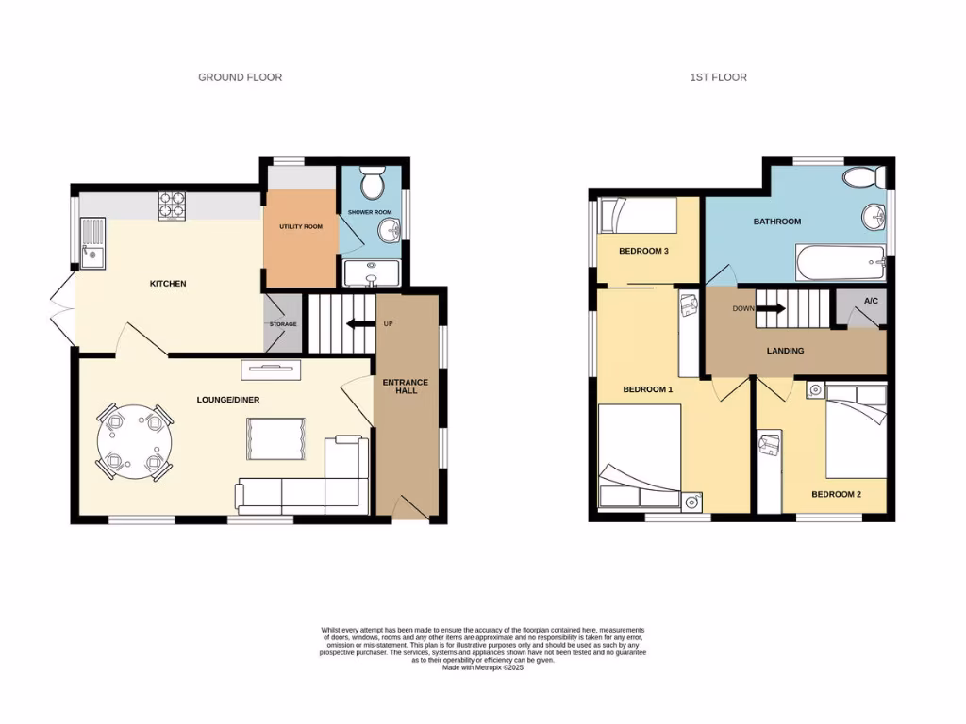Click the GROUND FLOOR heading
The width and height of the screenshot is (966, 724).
coord(240,77)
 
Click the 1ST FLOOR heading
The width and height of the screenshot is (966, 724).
coord(718,77)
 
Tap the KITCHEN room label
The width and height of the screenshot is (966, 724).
coord(169,284)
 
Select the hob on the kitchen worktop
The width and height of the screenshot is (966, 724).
coord(172,206)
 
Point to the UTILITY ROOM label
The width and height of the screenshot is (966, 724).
coord(301,227)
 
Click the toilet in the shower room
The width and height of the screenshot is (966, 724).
coord(373,179)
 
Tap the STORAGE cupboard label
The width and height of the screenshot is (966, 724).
coord(283,324)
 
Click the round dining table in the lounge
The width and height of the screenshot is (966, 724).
coord(133,442)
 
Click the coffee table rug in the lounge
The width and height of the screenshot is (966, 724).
coord(275,439)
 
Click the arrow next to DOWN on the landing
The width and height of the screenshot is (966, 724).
coord(773,308)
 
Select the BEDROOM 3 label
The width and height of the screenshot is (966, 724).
coord(643,251)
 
